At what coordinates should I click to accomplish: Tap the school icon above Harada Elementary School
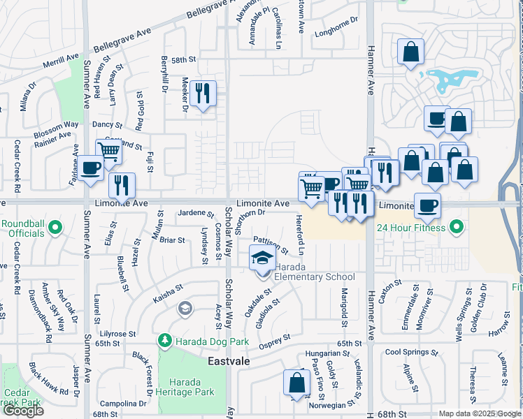(x=263, y=259)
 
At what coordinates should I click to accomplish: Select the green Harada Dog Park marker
(x=164, y=341)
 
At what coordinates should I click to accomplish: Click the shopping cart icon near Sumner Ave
(x=108, y=152)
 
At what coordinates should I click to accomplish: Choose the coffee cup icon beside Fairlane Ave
(x=90, y=168)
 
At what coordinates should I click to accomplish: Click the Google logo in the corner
(x=23, y=411)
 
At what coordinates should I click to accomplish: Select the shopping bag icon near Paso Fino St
(x=296, y=383)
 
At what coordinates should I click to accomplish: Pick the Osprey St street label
(x=274, y=339)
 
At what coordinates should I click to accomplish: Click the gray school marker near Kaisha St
(x=185, y=308)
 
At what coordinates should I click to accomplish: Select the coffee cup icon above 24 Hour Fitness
(x=427, y=205)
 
